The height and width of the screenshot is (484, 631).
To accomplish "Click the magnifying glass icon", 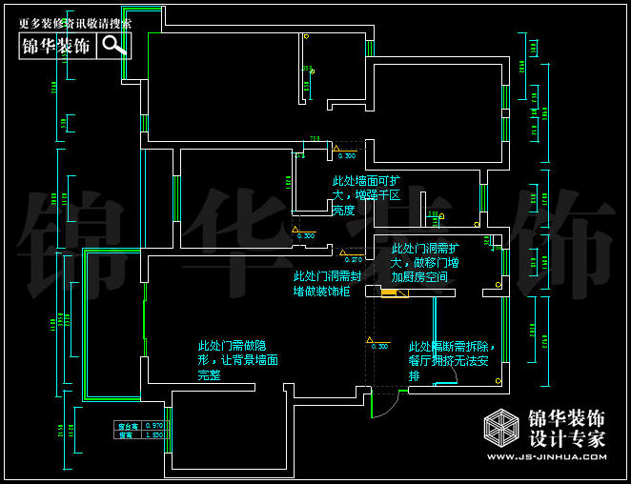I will [114, 45].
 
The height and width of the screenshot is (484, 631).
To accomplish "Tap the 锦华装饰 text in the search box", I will [56, 46].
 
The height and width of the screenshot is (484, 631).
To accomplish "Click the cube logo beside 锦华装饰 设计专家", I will [502, 430].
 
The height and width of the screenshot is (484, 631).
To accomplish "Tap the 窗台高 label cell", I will [126, 425].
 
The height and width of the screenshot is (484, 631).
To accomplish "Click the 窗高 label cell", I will [126, 434].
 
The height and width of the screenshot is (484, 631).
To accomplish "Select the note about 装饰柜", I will [327, 283].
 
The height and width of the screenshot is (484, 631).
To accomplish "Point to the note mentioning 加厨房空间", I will [425, 263].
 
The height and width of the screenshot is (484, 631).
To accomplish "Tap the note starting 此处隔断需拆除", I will [452, 361].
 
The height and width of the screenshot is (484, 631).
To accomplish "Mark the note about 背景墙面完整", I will [238, 360].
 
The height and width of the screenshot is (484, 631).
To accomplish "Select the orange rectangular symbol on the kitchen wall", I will [388, 292].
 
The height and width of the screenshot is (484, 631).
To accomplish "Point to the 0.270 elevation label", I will [352, 259].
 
